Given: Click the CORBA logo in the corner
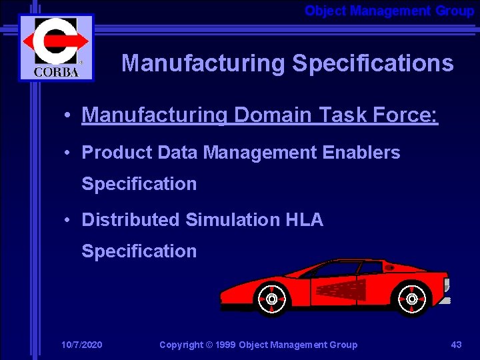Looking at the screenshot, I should pyautogui.click(x=56, y=47).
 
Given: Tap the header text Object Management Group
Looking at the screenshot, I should pyautogui.click(x=389, y=11).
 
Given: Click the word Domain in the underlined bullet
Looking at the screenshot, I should pyautogui.click(x=272, y=115).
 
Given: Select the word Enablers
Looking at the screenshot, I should pyautogui.click(x=361, y=153).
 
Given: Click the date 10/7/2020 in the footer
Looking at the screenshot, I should pyautogui.click(x=81, y=345).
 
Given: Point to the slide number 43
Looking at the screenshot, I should pyautogui.click(x=456, y=345).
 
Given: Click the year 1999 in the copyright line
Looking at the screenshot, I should pyautogui.click(x=224, y=345).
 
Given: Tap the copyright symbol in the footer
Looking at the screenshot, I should pyautogui.click(x=208, y=345).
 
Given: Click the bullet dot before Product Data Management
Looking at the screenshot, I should pyautogui.click(x=69, y=153).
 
